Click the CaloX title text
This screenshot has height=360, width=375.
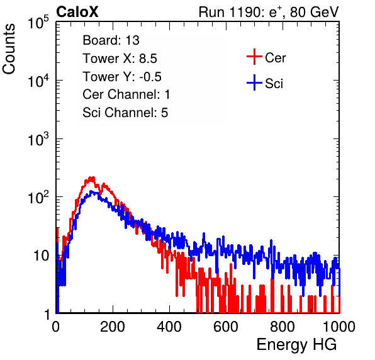pos(77,12)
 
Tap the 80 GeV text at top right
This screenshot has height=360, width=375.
pos(314,12)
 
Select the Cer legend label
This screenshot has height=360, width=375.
pos(275,58)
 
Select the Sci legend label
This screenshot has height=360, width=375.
pos(274,84)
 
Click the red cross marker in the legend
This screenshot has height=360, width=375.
pos(254,57)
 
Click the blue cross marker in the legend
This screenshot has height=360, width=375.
pos(254,82)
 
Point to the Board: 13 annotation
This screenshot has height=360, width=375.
pos(111,40)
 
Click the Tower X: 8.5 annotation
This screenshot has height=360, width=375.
pos(120,59)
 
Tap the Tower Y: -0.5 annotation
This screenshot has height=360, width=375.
pos(122,77)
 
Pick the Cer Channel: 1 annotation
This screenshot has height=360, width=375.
pos(126,94)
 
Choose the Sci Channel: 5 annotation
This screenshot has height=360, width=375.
pos(125,113)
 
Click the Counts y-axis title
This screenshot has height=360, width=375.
pos(9,49)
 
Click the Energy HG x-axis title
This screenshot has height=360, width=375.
pos(296,344)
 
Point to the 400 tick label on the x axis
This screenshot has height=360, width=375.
pos(169,327)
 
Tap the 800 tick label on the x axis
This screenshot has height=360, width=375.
pos(283,327)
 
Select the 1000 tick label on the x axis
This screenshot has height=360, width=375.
pos(339,327)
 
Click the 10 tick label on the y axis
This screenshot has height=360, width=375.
pos(42,256)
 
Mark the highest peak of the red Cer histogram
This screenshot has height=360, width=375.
pos(91,177)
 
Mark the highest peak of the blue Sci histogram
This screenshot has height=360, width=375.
pos(92,191)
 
